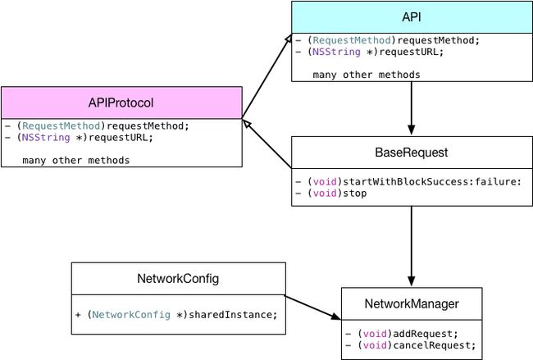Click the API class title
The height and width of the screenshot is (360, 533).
point(412,16)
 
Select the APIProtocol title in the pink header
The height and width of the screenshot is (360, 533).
point(121,103)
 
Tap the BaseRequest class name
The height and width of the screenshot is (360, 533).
point(412,153)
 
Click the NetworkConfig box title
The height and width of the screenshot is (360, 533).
point(178,279)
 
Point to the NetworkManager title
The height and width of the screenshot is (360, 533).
point(412,303)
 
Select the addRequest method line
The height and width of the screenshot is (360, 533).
point(402,334)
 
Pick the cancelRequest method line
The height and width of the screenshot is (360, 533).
point(411,345)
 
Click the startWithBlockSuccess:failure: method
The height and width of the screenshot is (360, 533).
point(408,181)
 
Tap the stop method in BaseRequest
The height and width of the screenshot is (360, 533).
point(331,193)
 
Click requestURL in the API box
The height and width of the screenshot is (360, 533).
point(412,52)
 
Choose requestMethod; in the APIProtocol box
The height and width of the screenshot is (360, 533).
point(148,125)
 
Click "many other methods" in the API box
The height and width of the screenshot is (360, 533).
point(367,75)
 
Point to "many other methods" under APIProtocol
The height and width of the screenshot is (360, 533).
point(75,161)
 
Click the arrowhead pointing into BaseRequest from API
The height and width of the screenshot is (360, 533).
point(412,130)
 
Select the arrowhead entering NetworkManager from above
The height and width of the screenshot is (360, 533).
point(412,281)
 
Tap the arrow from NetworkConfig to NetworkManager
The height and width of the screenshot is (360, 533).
point(312,308)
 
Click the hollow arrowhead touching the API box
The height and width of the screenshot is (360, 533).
point(288,39)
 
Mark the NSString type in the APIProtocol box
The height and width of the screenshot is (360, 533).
point(46,137)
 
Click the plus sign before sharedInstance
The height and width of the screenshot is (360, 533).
point(78,315)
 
